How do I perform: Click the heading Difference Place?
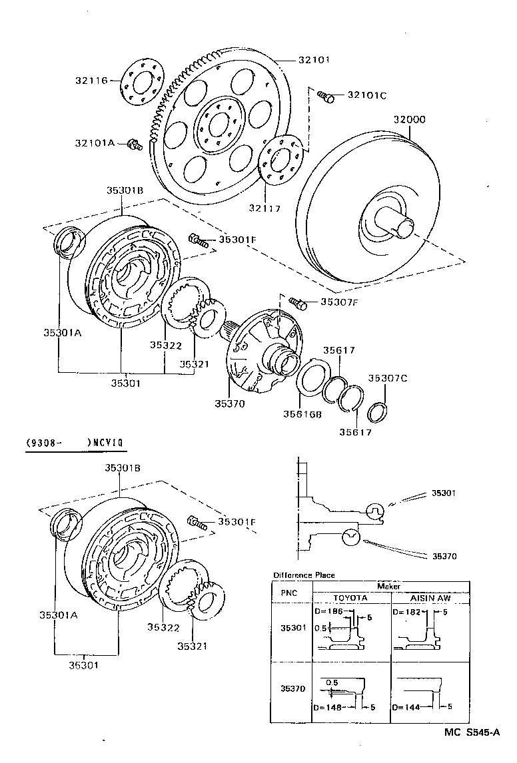pyautogui.click(x=304, y=575)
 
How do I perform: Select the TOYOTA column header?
pyautogui.click(x=350, y=597)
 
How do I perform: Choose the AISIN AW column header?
pyautogui.click(x=430, y=597)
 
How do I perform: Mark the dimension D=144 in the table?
pyautogui.click(x=406, y=706)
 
